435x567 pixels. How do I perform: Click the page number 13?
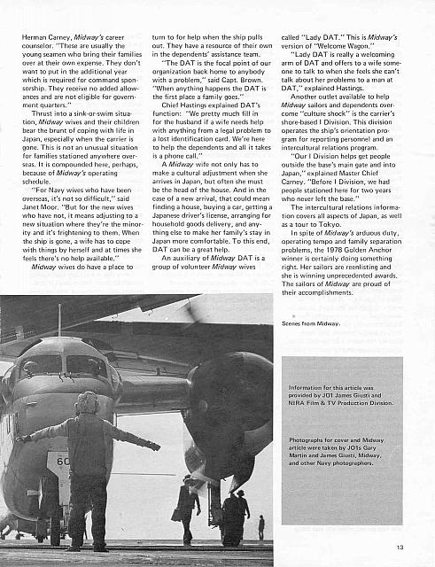[400, 548]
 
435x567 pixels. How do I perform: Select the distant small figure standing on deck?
[260, 526]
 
